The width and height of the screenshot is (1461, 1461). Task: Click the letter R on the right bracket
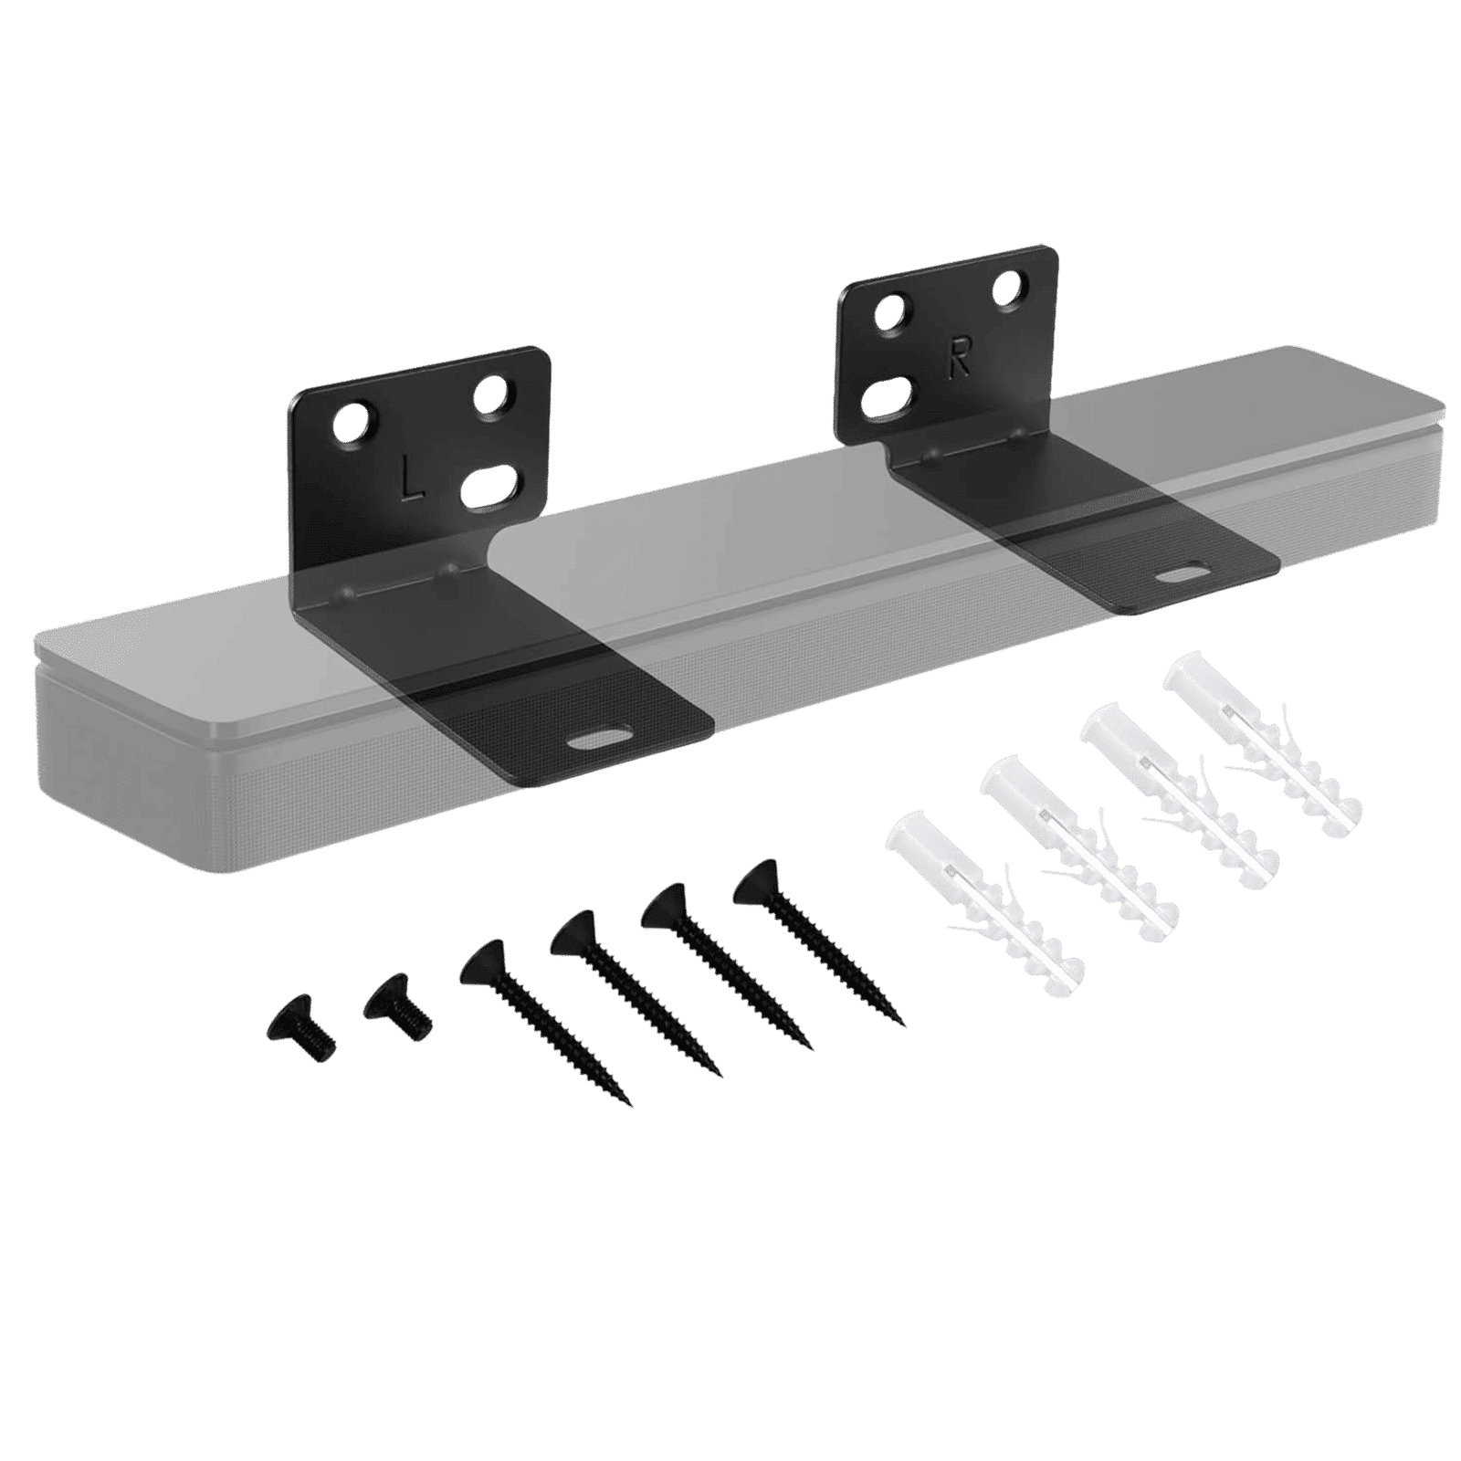(959, 363)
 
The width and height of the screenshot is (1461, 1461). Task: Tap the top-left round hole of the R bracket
(888, 320)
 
